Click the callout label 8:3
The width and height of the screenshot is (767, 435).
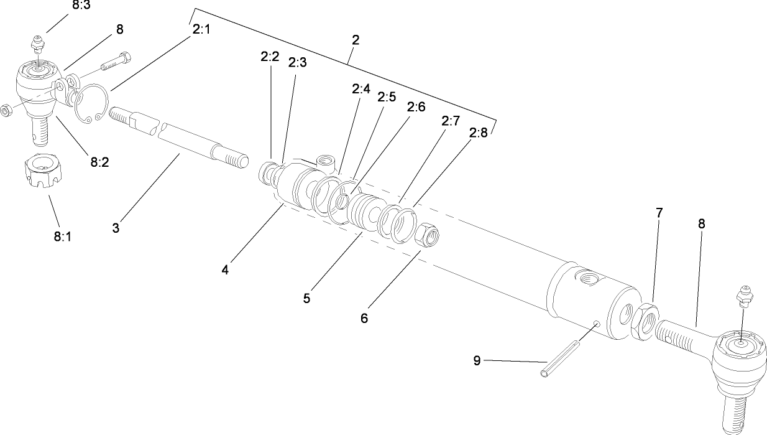pos(80,6)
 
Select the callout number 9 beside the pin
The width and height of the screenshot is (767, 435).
pos(477,361)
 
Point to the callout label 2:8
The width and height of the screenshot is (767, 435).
pos(479,133)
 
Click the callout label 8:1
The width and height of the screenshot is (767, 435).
pos(62,236)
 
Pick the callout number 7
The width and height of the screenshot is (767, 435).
pos(659,213)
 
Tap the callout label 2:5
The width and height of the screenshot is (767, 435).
pos(387,98)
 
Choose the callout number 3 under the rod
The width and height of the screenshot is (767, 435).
pos(116,228)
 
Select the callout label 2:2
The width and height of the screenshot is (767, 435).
pos(270,57)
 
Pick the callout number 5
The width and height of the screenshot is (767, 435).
pos(306,298)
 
